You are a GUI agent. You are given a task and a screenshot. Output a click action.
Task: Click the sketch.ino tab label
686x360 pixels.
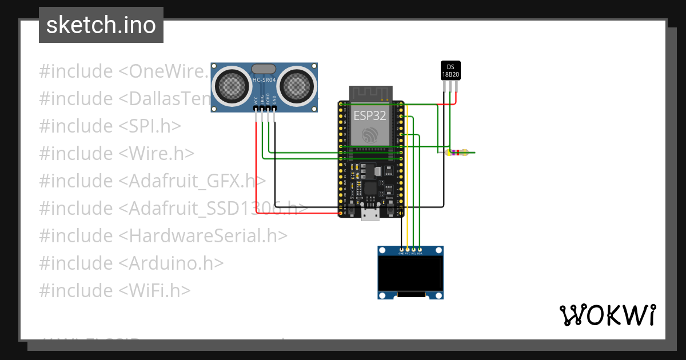click(x=101, y=25)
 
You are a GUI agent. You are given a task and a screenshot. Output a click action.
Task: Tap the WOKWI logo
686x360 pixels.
click(x=607, y=315)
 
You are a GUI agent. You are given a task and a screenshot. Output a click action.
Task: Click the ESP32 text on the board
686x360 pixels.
click(x=369, y=115)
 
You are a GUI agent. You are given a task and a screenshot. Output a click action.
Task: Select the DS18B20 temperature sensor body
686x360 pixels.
click(x=450, y=70)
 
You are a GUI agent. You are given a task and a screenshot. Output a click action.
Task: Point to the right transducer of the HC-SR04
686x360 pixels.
click(x=297, y=86)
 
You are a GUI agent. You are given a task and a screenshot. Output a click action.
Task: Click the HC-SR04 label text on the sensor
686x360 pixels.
click(x=264, y=80)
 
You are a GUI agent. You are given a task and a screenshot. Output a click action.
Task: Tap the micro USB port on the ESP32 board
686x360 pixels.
click(x=370, y=214)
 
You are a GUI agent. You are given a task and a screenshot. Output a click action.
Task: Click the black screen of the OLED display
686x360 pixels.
click(x=410, y=273)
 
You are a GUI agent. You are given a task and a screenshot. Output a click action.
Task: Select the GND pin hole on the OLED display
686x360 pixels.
click(x=402, y=250)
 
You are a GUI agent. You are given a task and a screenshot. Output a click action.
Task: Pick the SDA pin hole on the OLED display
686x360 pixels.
click(x=420, y=250)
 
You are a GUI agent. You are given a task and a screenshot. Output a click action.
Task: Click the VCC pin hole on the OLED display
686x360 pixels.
click(x=408, y=250)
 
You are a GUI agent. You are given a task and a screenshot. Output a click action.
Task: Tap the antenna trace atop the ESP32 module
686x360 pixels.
click(x=371, y=93)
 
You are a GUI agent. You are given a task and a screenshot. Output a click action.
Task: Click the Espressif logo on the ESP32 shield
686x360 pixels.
click(x=370, y=135)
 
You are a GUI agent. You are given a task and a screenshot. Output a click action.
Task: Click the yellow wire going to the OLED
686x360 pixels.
click(x=407, y=189)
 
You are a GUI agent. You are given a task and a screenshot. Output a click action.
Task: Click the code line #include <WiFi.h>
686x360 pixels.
click(x=114, y=290)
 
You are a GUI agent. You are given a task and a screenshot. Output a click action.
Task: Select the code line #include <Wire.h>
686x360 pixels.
click(x=117, y=153)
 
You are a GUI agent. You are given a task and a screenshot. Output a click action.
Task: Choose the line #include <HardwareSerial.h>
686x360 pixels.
click(x=163, y=235)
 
